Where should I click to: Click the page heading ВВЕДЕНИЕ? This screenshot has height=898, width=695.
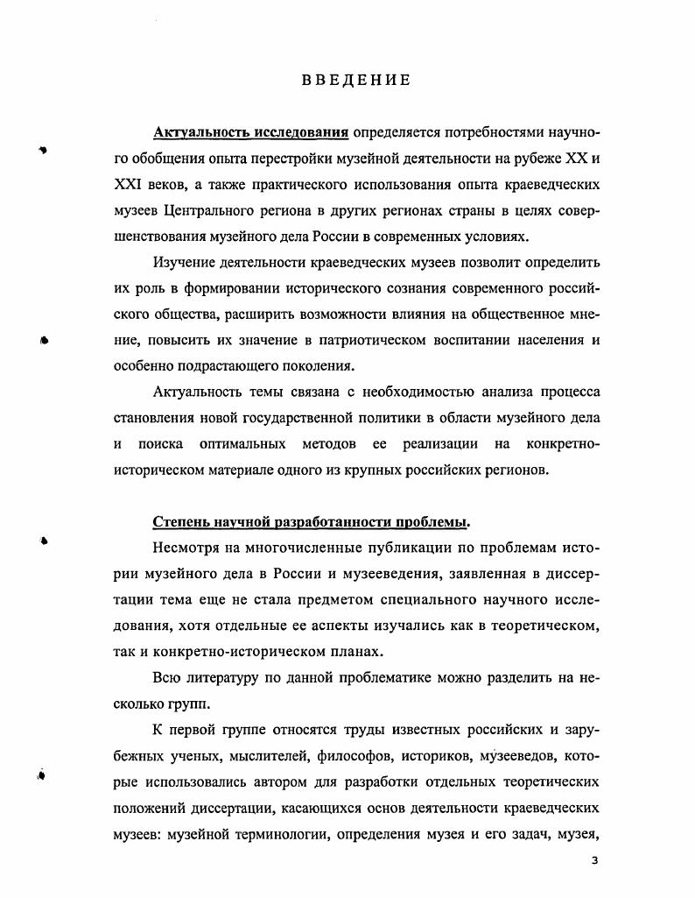pos(356,81)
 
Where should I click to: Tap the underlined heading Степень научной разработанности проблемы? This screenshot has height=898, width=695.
pos(311,522)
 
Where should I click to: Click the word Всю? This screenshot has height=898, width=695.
pos(170,677)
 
